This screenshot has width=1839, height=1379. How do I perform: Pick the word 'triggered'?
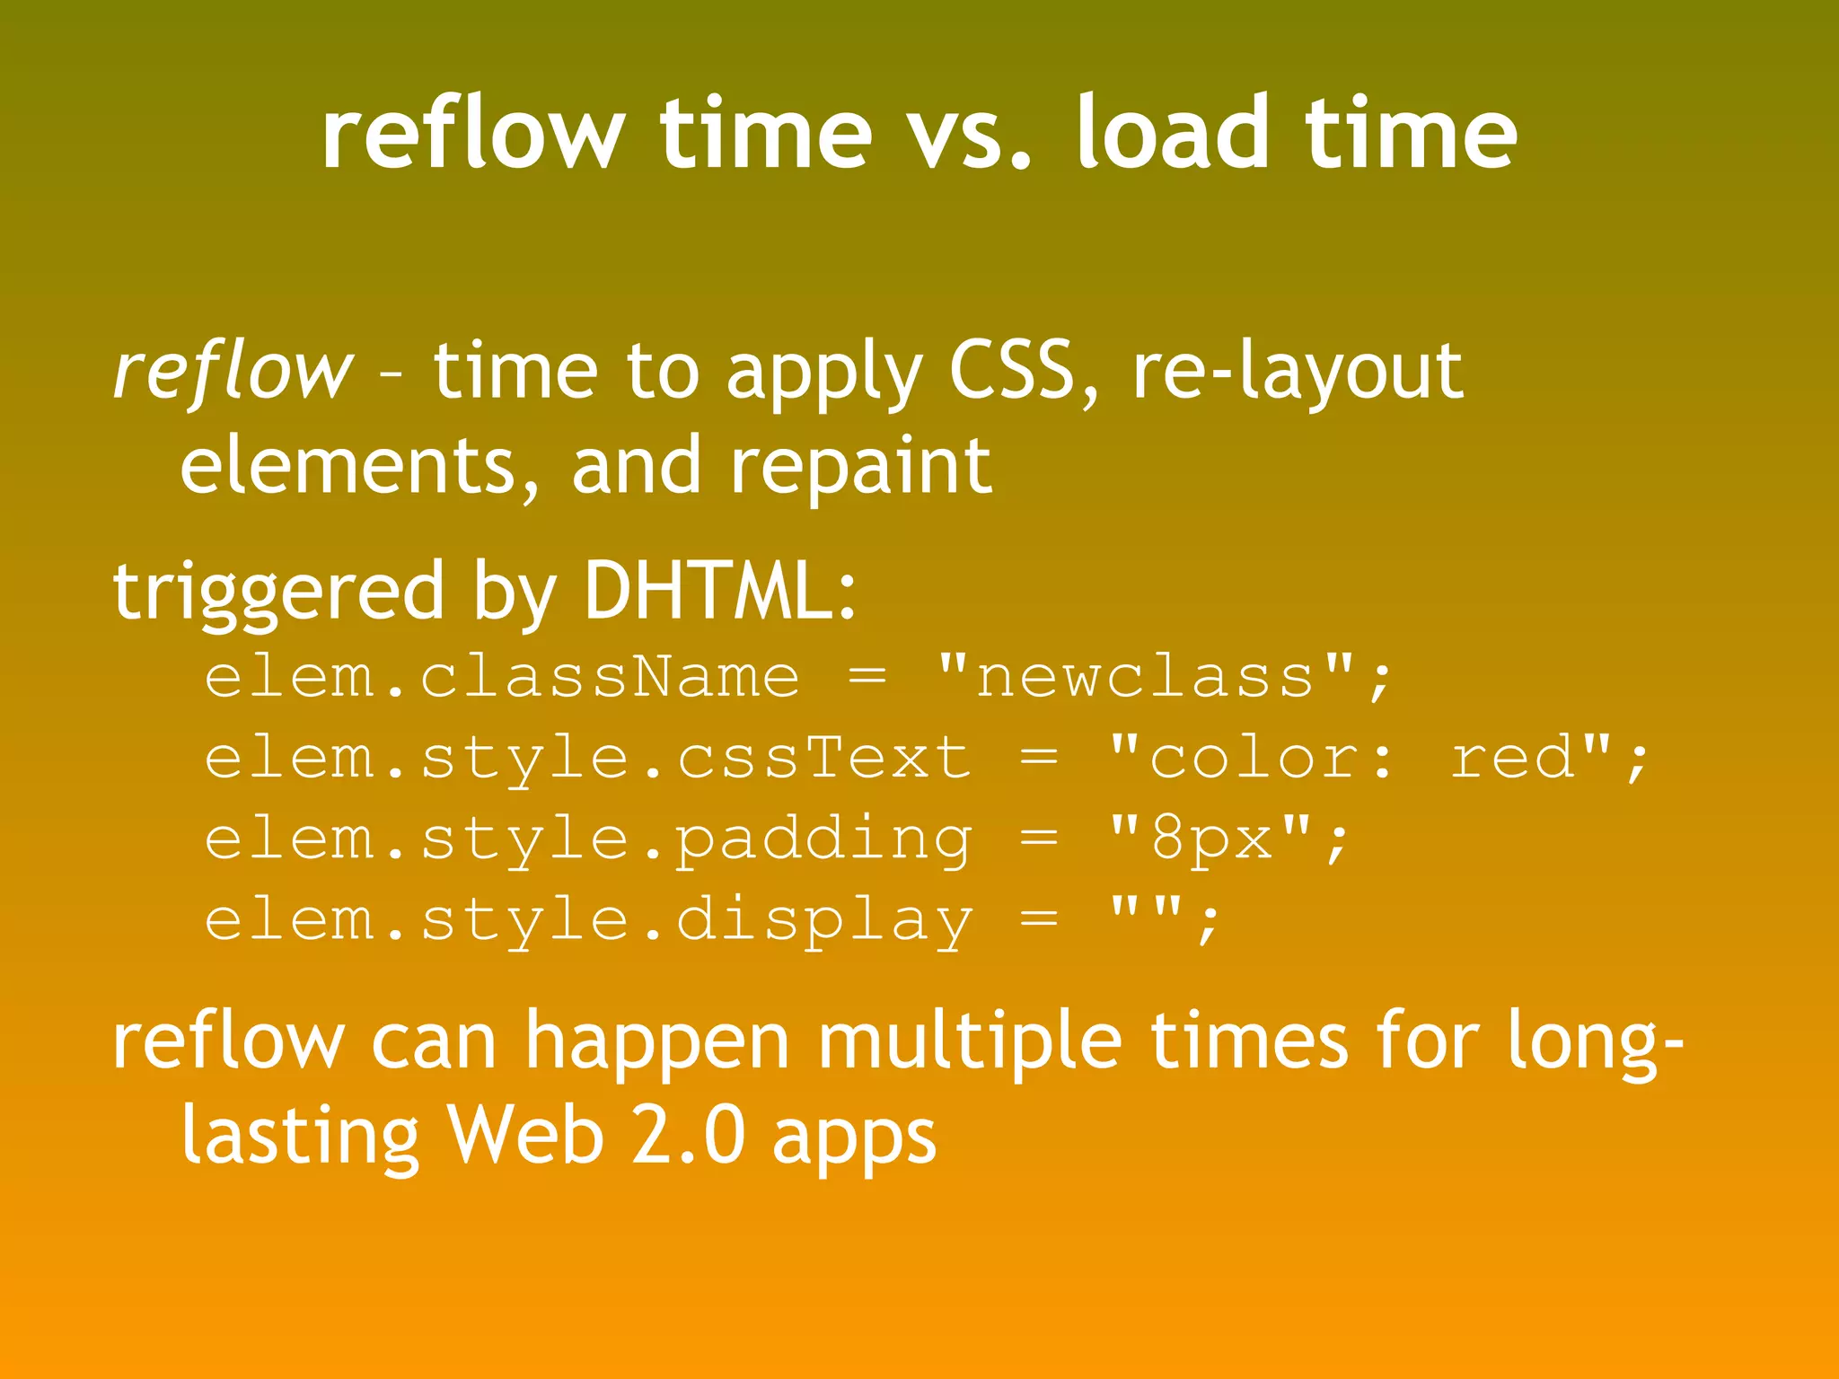click(x=278, y=593)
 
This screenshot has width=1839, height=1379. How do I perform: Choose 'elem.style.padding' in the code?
click(x=588, y=839)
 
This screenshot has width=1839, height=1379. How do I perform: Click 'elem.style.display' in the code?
click(x=588, y=920)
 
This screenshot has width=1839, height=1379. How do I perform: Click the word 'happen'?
click(x=656, y=1043)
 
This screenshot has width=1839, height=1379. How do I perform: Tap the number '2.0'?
click(x=688, y=1135)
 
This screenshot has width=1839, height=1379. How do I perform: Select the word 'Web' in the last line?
click(x=525, y=1135)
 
